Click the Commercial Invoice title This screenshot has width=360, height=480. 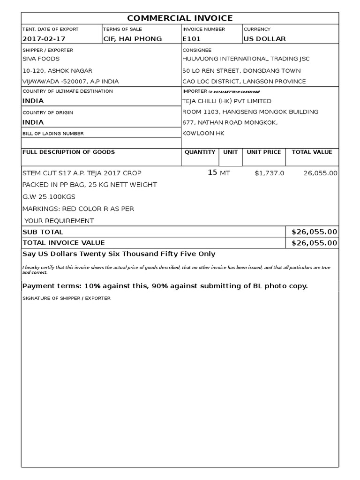180,18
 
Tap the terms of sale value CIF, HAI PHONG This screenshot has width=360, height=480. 133,39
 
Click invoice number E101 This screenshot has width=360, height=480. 191,39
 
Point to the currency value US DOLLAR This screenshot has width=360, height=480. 264,39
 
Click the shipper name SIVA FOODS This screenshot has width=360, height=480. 41,59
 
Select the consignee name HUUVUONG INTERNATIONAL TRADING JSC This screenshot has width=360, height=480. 246,59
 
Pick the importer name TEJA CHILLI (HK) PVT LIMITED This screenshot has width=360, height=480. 226,101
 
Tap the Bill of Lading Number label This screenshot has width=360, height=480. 53,134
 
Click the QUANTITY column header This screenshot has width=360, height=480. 200,152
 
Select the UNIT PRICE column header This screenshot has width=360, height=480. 264,152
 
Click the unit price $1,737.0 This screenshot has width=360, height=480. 269,173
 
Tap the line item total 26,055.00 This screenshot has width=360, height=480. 320,173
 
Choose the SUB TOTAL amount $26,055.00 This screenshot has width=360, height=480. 314,232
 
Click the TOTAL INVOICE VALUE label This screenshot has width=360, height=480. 64,243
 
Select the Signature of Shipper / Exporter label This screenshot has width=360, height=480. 67,298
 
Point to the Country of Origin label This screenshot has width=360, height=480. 48,112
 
